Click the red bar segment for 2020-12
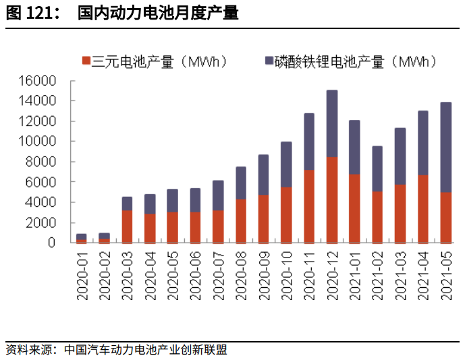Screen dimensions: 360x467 tap(332, 200)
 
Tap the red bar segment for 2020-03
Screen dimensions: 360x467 tap(127, 226)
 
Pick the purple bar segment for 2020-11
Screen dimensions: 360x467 tap(309, 141)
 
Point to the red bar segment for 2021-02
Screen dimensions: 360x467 tap(377, 216)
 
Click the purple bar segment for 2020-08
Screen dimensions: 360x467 tap(241, 183)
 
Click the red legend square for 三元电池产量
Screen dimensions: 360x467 tap(86, 61)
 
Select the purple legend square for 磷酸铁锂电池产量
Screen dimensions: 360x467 tap(270, 61)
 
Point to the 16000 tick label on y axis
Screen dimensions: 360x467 tap(50, 81)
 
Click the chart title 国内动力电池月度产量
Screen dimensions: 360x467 tap(158, 13)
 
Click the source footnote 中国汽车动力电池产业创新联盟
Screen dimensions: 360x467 tap(146, 350)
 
